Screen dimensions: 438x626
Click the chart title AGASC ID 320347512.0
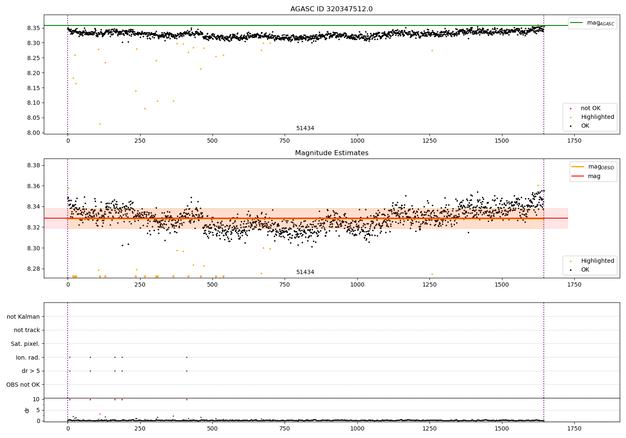pos(331,9)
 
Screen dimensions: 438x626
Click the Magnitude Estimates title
pos(331,153)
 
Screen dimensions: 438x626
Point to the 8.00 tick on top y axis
pos(34,133)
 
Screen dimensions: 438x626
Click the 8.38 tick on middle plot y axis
pos(34,165)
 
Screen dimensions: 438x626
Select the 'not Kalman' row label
pos(23,317)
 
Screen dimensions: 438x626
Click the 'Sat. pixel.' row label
pos(25,344)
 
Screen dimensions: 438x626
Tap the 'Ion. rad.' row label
pos(28,357)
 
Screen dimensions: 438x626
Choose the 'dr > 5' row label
pos(30,371)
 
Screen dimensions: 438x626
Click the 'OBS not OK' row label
pos(23,385)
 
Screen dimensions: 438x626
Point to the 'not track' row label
pos(27,330)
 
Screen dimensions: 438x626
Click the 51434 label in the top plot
pos(305,128)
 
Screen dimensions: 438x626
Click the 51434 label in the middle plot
pos(305,272)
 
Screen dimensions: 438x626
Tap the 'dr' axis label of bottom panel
pos(27,410)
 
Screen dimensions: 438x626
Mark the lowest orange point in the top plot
pos(100,124)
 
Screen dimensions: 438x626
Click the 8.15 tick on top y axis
pos(34,88)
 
